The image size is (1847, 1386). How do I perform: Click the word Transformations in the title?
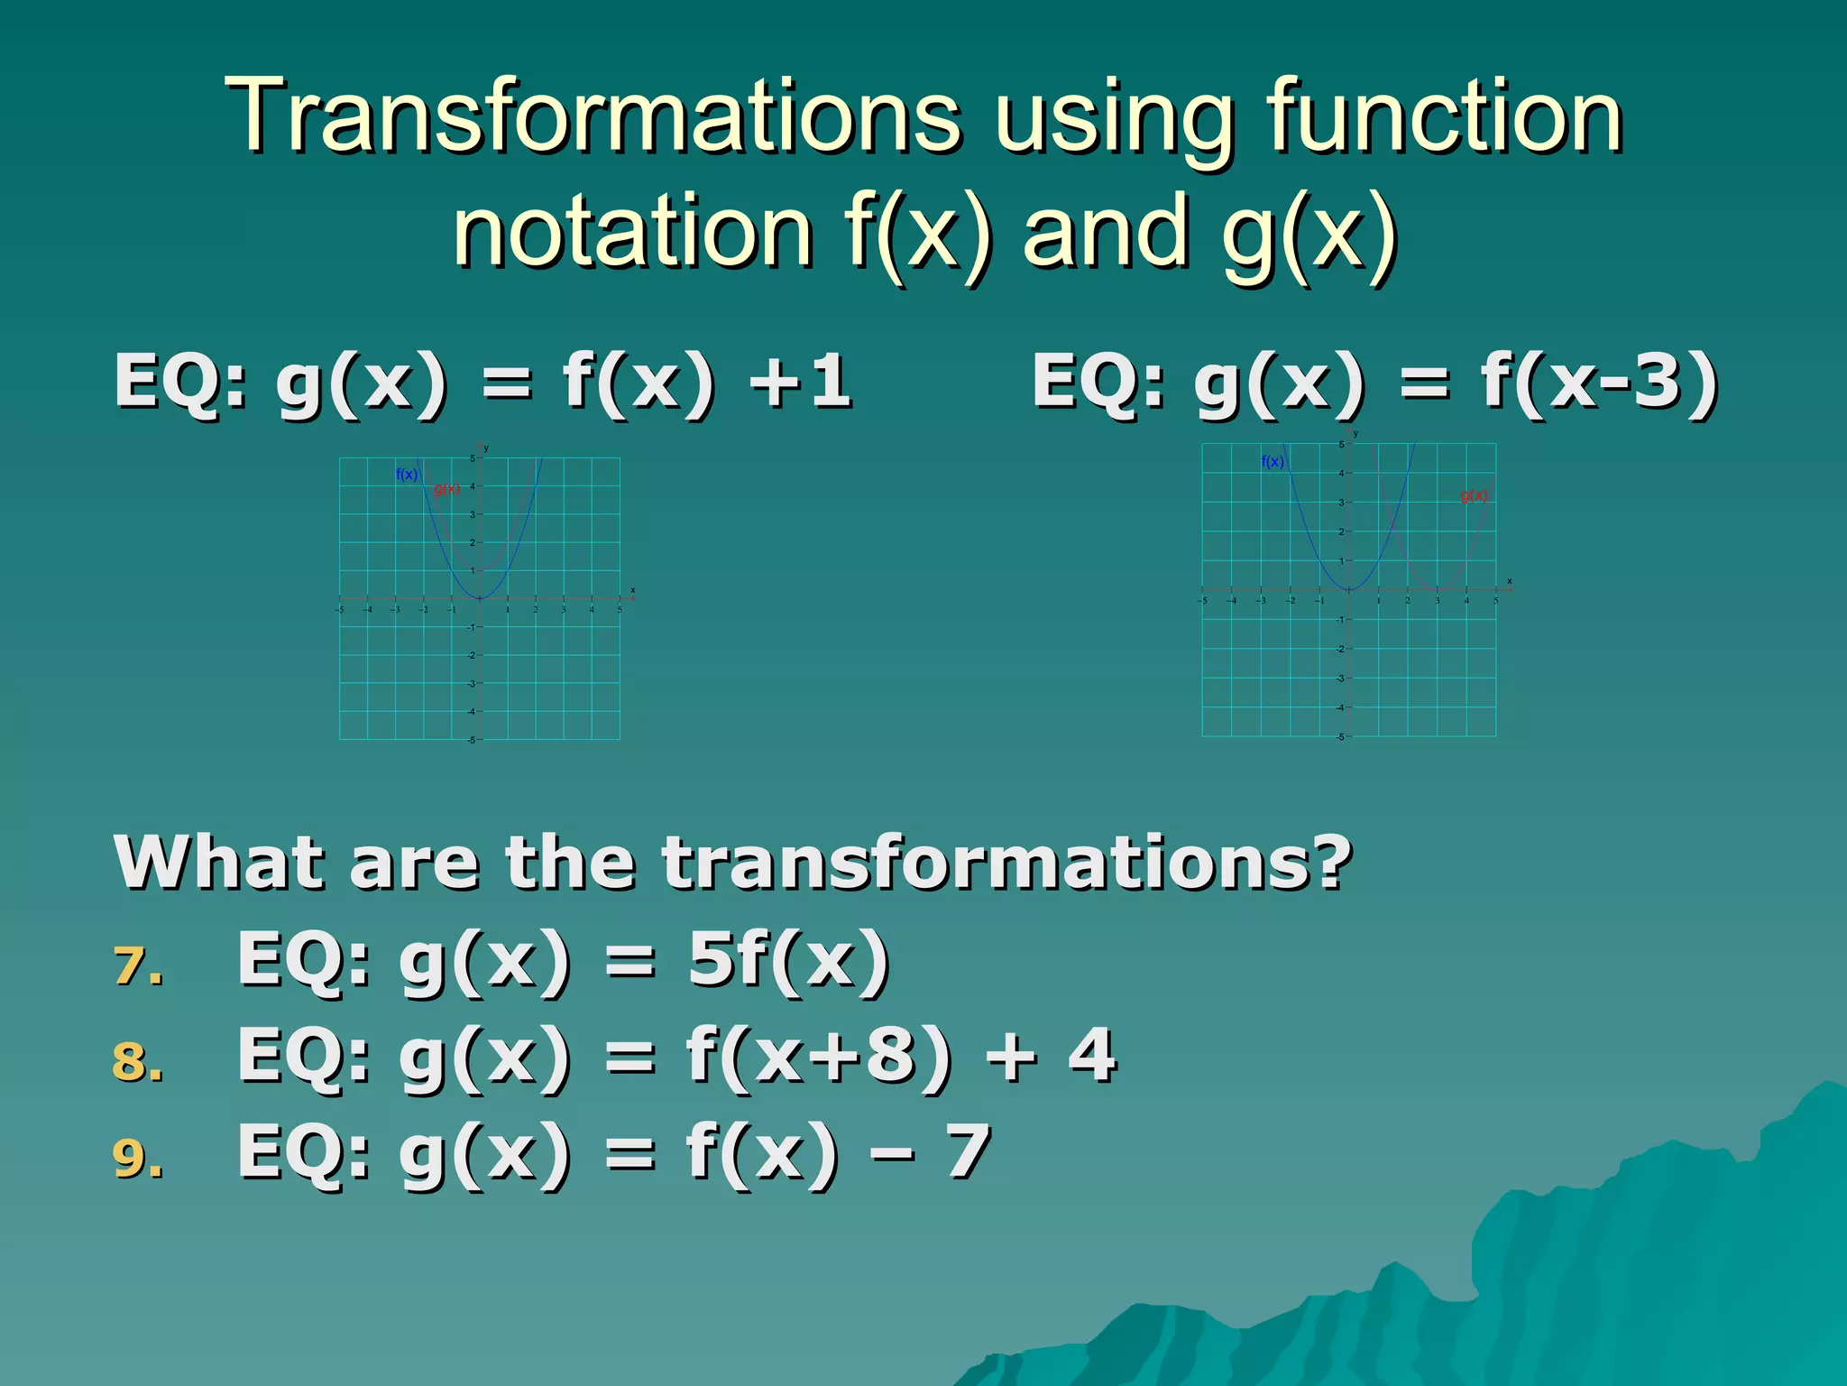pos(593,117)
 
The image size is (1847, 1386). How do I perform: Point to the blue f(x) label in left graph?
pos(407,475)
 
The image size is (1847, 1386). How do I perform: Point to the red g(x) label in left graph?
pos(446,490)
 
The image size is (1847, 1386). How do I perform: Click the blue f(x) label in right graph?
pos(1273,462)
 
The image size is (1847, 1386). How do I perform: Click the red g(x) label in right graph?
pos(1474,495)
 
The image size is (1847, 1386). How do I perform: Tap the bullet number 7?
pos(138,966)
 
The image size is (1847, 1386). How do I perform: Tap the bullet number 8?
pos(138,1062)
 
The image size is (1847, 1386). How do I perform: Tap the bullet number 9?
pos(138,1159)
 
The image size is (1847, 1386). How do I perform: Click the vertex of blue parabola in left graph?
pos(480,598)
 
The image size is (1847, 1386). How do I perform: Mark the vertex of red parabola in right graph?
pos(1437,589)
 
